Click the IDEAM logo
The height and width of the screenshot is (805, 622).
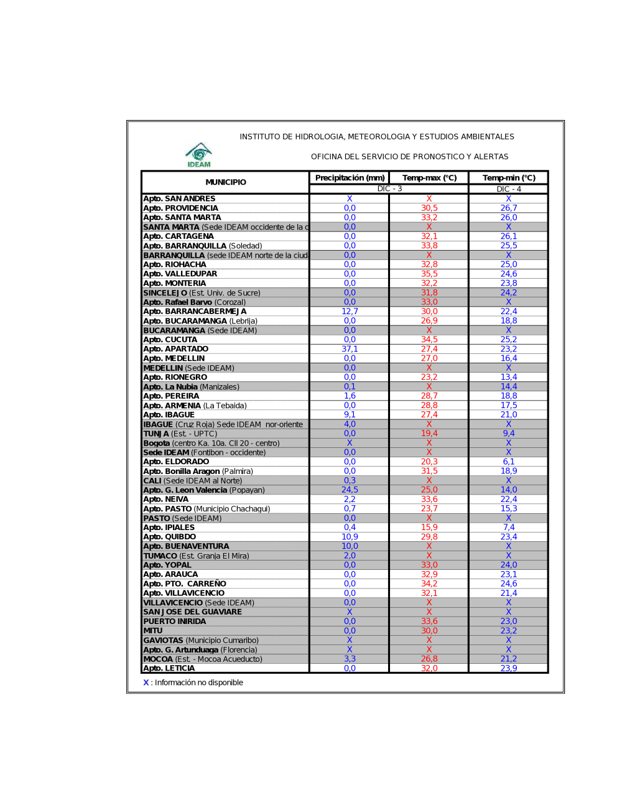click(199, 154)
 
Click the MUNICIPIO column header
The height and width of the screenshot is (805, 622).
click(226, 182)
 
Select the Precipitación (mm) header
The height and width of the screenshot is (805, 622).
click(350, 178)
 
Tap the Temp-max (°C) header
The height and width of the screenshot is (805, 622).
click(429, 178)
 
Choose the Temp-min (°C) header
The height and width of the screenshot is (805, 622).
click(509, 178)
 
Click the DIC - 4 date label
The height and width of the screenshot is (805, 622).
click(509, 189)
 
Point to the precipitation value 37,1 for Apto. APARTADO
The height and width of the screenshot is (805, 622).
click(350, 349)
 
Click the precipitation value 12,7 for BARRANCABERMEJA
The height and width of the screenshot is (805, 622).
click(350, 312)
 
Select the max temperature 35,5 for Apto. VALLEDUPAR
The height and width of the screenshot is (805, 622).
click(429, 274)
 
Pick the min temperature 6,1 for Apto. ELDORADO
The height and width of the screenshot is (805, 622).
click(509, 462)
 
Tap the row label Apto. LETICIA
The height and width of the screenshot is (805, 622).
click(169, 668)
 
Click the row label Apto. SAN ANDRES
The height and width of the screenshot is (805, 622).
click(179, 199)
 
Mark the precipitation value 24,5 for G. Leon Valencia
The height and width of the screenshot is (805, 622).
click(350, 490)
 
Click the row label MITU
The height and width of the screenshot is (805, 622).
click(153, 631)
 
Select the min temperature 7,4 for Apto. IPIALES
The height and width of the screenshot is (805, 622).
click(509, 528)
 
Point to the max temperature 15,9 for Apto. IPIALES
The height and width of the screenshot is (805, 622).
click(429, 528)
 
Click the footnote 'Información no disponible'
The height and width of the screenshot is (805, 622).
click(198, 682)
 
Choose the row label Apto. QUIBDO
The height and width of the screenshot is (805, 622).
click(170, 537)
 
